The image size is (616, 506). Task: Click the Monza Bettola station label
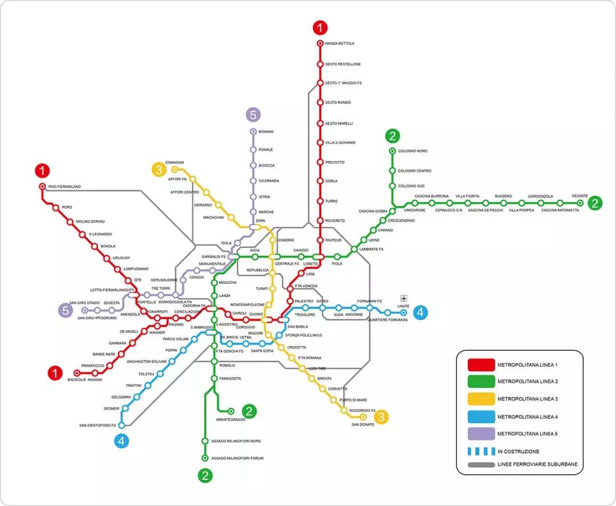(x=339, y=43)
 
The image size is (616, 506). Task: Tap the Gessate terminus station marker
(x=580, y=203)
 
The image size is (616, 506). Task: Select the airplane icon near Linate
(x=404, y=298)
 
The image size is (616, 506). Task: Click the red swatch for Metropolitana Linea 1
(x=480, y=364)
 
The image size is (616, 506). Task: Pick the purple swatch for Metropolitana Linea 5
(x=480, y=434)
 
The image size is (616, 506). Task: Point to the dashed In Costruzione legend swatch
(x=480, y=451)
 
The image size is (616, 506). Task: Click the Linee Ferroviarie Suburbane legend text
(x=537, y=464)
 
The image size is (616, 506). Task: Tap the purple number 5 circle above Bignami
(x=253, y=114)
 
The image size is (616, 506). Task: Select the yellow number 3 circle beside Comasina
(x=159, y=170)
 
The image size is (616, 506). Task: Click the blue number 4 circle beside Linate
(x=420, y=312)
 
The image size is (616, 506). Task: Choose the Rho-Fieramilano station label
(x=64, y=187)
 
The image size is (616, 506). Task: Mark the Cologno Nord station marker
(x=392, y=151)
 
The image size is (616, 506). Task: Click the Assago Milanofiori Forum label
(x=237, y=458)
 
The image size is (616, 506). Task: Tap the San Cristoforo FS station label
(x=98, y=425)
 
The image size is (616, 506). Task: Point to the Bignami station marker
(x=253, y=132)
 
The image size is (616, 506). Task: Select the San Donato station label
(x=363, y=424)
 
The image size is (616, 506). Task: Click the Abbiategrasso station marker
(x=231, y=411)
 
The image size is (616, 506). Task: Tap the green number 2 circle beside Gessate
(x=595, y=203)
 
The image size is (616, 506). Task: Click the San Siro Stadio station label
(x=84, y=303)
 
